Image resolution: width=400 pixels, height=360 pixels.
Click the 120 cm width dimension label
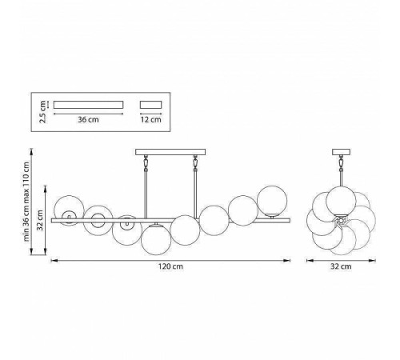pyautogui.click(x=170, y=266)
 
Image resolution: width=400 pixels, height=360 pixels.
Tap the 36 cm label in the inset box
pyautogui.click(x=88, y=119)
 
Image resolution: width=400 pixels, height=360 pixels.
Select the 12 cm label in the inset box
pyautogui.click(x=151, y=119)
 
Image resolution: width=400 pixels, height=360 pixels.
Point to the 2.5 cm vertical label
pyautogui.click(x=42, y=111)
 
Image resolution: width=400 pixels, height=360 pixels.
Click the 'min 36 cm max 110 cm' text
pyautogui.click(x=26, y=202)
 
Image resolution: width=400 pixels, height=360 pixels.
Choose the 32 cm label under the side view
pyautogui.click(x=341, y=266)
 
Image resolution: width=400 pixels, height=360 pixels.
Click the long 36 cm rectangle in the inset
pyautogui.click(x=88, y=105)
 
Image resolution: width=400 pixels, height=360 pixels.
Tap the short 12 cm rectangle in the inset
pyautogui.click(x=151, y=105)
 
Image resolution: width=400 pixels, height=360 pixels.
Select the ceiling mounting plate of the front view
pyautogui.click(x=170, y=152)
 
